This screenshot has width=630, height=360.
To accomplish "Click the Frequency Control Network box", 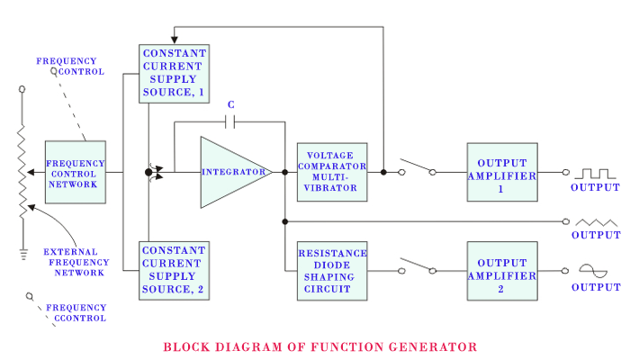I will pos(75,171).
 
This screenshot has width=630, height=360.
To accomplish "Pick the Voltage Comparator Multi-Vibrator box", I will pos(331,171).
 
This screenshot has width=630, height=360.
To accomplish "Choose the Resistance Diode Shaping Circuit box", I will pos(331,270).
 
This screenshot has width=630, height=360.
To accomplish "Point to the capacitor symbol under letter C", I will pos(231,121).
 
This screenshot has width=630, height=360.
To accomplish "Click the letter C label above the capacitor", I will pos(231,104).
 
